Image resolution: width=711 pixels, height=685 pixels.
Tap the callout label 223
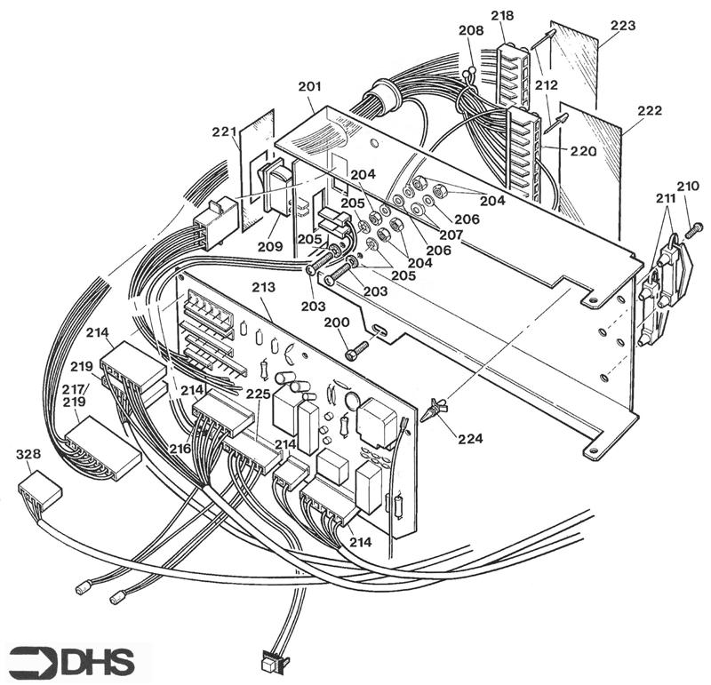623,26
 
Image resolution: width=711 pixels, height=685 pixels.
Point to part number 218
502,17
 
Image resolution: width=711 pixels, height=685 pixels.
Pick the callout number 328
28,454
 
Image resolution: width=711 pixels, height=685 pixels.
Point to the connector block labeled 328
41,490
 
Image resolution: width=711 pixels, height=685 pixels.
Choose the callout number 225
259,393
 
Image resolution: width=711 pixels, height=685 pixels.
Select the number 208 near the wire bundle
471,30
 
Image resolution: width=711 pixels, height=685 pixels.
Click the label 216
180,450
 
